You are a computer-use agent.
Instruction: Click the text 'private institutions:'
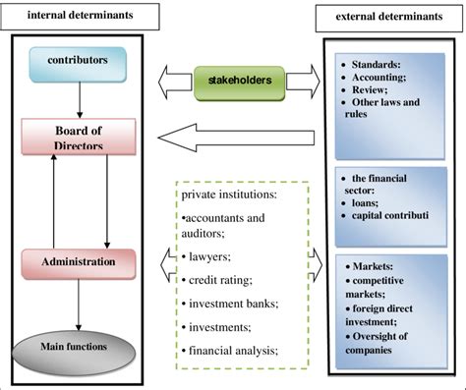[222, 195]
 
